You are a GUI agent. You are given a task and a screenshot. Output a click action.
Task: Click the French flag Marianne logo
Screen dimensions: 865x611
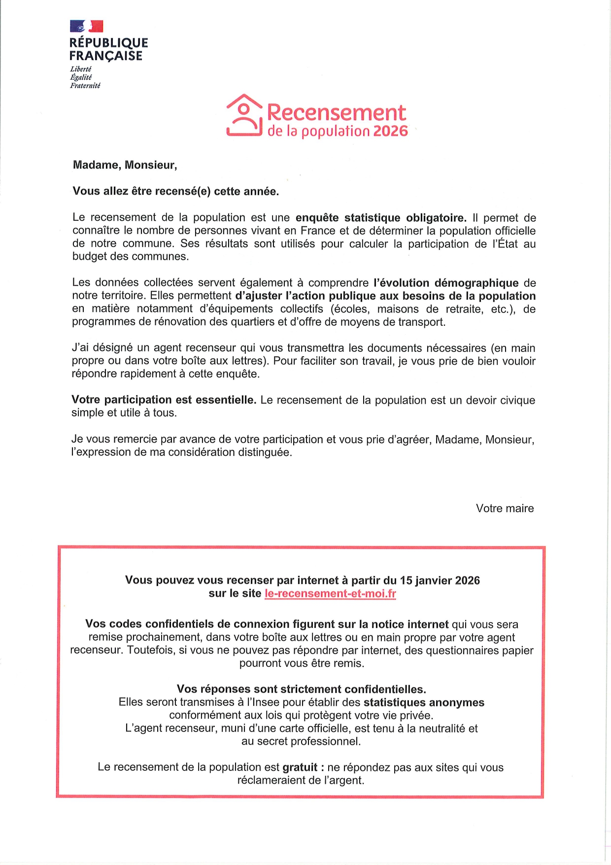pos(87,26)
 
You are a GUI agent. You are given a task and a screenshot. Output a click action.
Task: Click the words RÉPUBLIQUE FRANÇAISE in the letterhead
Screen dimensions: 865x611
pos(108,49)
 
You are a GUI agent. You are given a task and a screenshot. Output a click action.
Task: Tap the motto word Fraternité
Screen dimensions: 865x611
pos(85,86)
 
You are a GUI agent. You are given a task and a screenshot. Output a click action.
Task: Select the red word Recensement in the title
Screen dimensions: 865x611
pos(337,113)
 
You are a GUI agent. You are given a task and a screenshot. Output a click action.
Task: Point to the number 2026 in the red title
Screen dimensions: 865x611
pos(391,132)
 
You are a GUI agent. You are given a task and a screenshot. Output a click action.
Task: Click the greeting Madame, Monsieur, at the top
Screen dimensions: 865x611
pos(125,165)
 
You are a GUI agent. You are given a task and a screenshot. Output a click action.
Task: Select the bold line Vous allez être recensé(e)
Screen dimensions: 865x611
pos(175,191)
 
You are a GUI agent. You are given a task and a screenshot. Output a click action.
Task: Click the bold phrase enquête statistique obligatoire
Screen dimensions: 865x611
pos(380,218)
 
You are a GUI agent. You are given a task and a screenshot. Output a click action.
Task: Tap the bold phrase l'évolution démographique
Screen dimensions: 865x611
pos(446,283)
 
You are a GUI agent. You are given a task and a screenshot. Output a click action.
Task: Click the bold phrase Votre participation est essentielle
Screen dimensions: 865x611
pos(164,400)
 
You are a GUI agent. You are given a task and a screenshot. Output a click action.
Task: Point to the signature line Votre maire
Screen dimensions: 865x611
pos(505,508)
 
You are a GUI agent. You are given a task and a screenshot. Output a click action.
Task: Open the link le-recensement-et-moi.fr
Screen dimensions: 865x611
pos(330,593)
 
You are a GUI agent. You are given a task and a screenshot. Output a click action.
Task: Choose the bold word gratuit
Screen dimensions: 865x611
pos(300,767)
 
